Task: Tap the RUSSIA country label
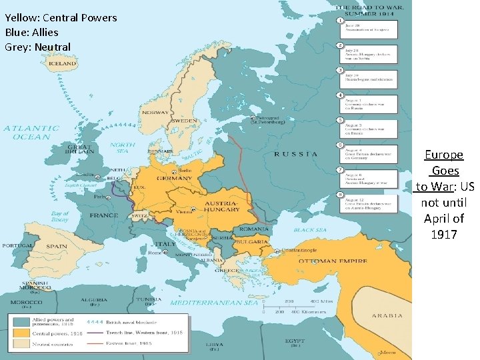click(296, 154)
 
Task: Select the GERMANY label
click(175, 179)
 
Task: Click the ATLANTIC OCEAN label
click(31, 133)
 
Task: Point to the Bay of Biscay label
click(60, 217)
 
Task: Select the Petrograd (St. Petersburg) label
click(267, 120)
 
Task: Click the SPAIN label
click(57, 246)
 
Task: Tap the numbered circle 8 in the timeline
click(340, 195)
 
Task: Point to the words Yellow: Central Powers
click(61, 18)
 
